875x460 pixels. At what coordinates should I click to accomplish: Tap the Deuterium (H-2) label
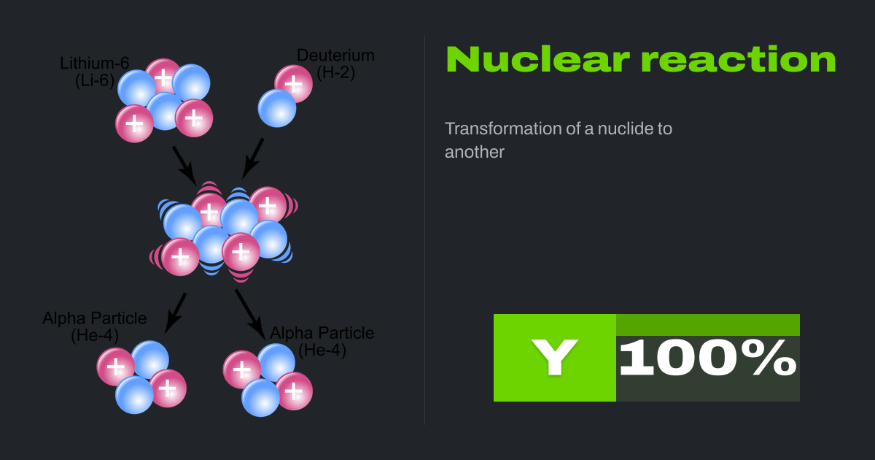click(x=335, y=64)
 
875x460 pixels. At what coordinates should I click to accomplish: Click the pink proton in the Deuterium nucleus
click(x=294, y=83)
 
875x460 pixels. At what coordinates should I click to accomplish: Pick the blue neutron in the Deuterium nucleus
click(x=277, y=108)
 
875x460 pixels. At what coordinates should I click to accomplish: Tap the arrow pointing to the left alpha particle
click(x=176, y=313)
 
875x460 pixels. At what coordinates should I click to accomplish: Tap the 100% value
click(x=707, y=358)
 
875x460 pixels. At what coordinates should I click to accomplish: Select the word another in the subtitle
click(x=475, y=153)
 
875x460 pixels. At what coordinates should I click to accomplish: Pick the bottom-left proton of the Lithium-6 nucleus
click(x=135, y=123)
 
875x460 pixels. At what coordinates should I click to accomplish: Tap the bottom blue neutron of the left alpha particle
click(x=135, y=394)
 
